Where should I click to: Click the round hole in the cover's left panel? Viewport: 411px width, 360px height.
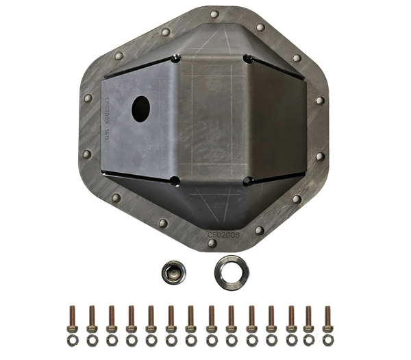pyautogui.click(x=140, y=108)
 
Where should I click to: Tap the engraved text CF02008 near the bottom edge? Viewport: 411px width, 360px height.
pyautogui.click(x=224, y=235)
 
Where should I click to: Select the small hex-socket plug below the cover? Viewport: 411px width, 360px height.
pyautogui.click(x=173, y=272)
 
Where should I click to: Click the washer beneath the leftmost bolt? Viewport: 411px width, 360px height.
pyautogui.click(x=72, y=339)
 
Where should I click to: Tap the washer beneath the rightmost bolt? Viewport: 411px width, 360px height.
pyautogui.click(x=327, y=339)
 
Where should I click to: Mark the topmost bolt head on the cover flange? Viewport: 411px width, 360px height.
pyautogui.click(x=214, y=14)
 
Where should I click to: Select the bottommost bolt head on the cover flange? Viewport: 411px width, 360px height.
pyautogui.click(x=212, y=243)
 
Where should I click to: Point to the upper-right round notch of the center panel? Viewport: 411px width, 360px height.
pyautogui.click(x=247, y=58)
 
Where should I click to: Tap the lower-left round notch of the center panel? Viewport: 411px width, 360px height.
pyautogui.click(x=175, y=181)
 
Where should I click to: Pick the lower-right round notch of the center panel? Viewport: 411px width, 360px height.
pyautogui.click(x=247, y=182)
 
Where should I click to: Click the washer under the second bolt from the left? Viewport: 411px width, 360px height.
pyautogui.click(x=92, y=339)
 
